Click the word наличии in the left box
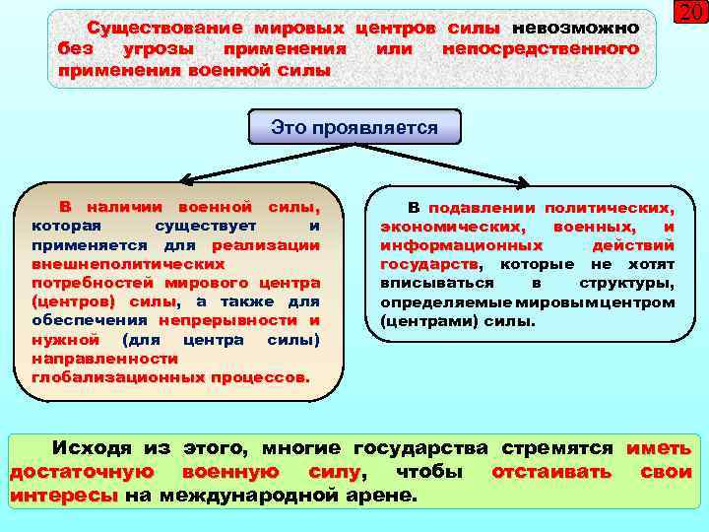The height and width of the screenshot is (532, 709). pyautogui.click(x=127, y=208)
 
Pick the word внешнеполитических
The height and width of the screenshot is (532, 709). pyautogui.click(x=128, y=264)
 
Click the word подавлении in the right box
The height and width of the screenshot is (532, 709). pyautogui.click(x=482, y=208)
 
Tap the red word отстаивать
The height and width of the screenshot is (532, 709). pyautogui.click(x=551, y=472)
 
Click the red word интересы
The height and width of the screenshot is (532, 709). pyautogui.click(x=63, y=496)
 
